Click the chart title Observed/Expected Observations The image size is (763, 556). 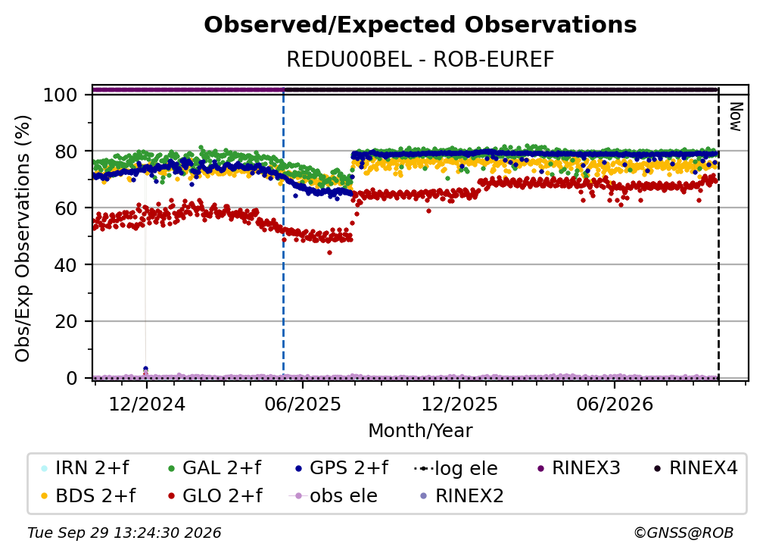(420, 25)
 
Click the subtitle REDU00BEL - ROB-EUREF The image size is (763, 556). (420, 60)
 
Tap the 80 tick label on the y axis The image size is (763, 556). (66, 151)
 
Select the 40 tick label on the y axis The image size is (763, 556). (66, 265)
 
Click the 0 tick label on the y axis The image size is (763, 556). (72, 378)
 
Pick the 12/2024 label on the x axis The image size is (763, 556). (147, 405)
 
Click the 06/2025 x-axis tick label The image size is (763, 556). (303, 405)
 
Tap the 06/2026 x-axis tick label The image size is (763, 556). (615, 405)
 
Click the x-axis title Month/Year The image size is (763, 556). (420, 431)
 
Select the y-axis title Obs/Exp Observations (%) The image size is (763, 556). (23, 239)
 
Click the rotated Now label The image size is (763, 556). (736, 117)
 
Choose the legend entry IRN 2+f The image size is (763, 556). (86, 468)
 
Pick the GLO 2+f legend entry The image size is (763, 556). (215, 496)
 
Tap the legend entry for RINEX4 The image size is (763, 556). (696, 468)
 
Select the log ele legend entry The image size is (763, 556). (456, 469)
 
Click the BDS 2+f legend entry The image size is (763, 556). (88, 496)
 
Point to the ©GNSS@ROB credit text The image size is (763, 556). (684, 533)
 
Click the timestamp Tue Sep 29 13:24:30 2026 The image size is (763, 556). (125, 533)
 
